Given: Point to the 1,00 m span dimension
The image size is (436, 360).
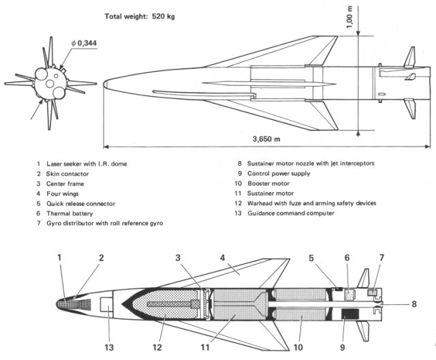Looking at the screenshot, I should (349, 16).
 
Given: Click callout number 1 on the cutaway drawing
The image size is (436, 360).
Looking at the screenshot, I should (59, 257).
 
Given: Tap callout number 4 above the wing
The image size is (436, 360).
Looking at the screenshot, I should (223, 258).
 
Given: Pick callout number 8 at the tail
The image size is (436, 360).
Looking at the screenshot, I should (414, 305).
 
